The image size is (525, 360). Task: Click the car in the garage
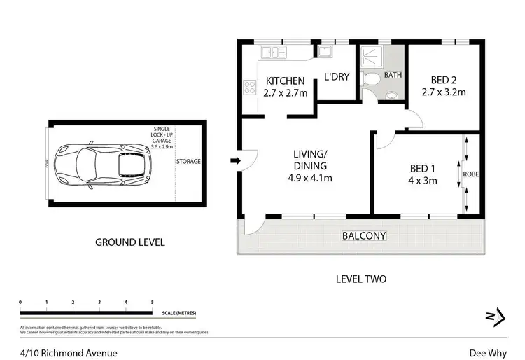tap(104, 164)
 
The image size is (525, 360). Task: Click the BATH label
tap(393, 75)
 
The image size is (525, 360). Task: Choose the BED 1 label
tap(423, 168)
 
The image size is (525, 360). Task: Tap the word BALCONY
tap(364, 236)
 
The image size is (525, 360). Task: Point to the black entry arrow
tap(236, 162)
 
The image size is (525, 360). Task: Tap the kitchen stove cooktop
tap(250, 88)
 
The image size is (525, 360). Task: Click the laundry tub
tap(325, 50)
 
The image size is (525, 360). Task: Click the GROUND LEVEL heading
tap(129, 242)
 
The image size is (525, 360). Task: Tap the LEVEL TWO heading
tap(360, 279)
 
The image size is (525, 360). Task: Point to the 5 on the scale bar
tap(152, 302)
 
